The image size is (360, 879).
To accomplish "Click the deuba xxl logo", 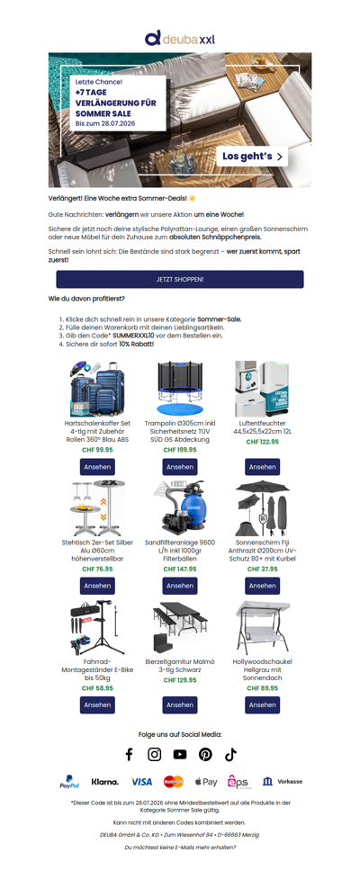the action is click(x=179, y=38).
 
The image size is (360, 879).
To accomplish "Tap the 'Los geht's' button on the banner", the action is click(x=252, y=157).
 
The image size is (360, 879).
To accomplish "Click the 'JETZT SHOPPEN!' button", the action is click(x=179, y=279).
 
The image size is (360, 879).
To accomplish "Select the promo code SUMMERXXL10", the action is click(x=133, y=336).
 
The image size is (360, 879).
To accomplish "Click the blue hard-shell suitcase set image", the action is click(x=97, y=389).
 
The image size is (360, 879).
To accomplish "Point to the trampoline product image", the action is click(x=179, y=388).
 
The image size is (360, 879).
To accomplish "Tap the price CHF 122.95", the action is click(x=262, y=442).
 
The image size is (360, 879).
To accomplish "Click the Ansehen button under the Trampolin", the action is click(x=180, y=467).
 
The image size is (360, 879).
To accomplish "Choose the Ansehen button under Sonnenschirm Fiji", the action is click(x=262, y=586).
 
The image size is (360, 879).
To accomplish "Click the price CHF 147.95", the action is click(x=180, y=569).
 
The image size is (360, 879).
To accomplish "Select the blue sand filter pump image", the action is click(x=179, y=508).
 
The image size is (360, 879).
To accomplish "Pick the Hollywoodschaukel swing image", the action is click(x=262, y=627).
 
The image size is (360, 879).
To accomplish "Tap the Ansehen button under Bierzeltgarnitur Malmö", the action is click(x=180, y=704).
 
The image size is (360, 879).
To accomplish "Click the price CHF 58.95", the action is click(x=97, y=688).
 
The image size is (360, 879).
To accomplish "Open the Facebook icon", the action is click(x=129, y=755).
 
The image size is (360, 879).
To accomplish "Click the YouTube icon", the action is click(x=179, y=755).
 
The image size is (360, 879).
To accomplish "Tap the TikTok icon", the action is click(x=230, y=755).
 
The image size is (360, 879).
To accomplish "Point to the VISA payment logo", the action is click(x=142, y=782).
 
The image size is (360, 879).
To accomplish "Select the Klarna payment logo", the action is click(x=105, y=782).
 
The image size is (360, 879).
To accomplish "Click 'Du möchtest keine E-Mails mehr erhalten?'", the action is click(x=180, y=847).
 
